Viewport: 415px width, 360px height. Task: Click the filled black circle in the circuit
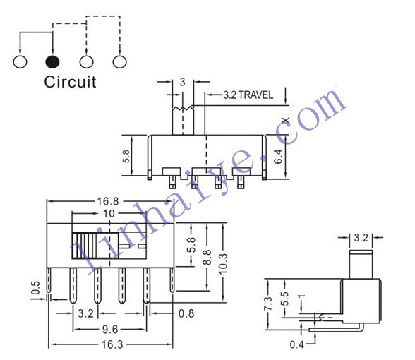[x=52, y=61]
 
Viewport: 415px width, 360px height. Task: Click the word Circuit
[x=70, y=82]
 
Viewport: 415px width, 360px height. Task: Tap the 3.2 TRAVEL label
[x=248, y=95]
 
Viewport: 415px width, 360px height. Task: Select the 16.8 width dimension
[x=108, y=201]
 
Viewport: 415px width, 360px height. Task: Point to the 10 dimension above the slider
[x=109, y=213]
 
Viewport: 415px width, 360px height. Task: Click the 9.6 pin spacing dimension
[x=110, y=329]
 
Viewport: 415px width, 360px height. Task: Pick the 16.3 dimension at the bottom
[x=112, y=344]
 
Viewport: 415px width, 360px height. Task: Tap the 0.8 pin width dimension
[x=186, y=313]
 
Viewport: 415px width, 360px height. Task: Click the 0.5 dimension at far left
[x=35, y=288]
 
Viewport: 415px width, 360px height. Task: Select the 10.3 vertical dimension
[x=223, y=264]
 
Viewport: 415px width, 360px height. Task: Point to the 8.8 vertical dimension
[x=207, y=257]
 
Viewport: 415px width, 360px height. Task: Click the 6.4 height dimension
[x=278, y=157]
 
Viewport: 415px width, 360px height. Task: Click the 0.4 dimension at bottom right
[x=296, y=344]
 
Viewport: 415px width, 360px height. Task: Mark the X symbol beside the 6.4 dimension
[x=286, y=121]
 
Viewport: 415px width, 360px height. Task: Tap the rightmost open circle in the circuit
[x=120, y=61]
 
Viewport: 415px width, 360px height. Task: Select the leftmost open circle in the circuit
[x=20, y=61]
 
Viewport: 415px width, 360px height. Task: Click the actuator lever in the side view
[x=361, y=264]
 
